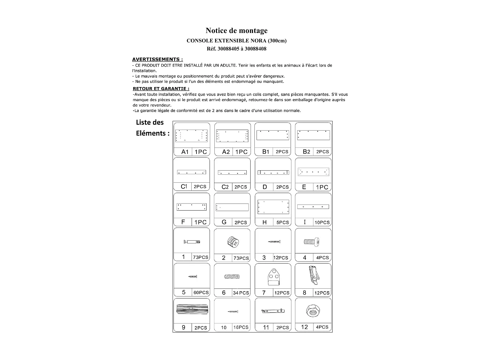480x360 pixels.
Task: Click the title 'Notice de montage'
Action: (236, 31)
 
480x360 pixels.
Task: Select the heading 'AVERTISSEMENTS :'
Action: (157, 59)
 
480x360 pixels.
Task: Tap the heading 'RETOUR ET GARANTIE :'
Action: (161, 89)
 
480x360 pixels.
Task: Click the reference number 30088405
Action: (228, 49)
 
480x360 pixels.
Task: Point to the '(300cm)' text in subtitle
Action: (277, 41)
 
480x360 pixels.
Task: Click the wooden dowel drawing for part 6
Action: (232, 277)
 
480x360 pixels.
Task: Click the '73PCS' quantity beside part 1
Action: (201, 257)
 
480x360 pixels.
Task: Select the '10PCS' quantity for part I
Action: (322, 222)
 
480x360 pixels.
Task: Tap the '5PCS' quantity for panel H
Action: (283, 222)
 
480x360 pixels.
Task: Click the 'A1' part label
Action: (185, 152)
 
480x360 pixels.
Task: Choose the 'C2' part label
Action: (225, 187)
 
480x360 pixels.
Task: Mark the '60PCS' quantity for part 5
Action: (201, 292)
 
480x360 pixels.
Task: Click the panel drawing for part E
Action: (313, 172)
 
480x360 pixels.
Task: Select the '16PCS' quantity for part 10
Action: (241, 327)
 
